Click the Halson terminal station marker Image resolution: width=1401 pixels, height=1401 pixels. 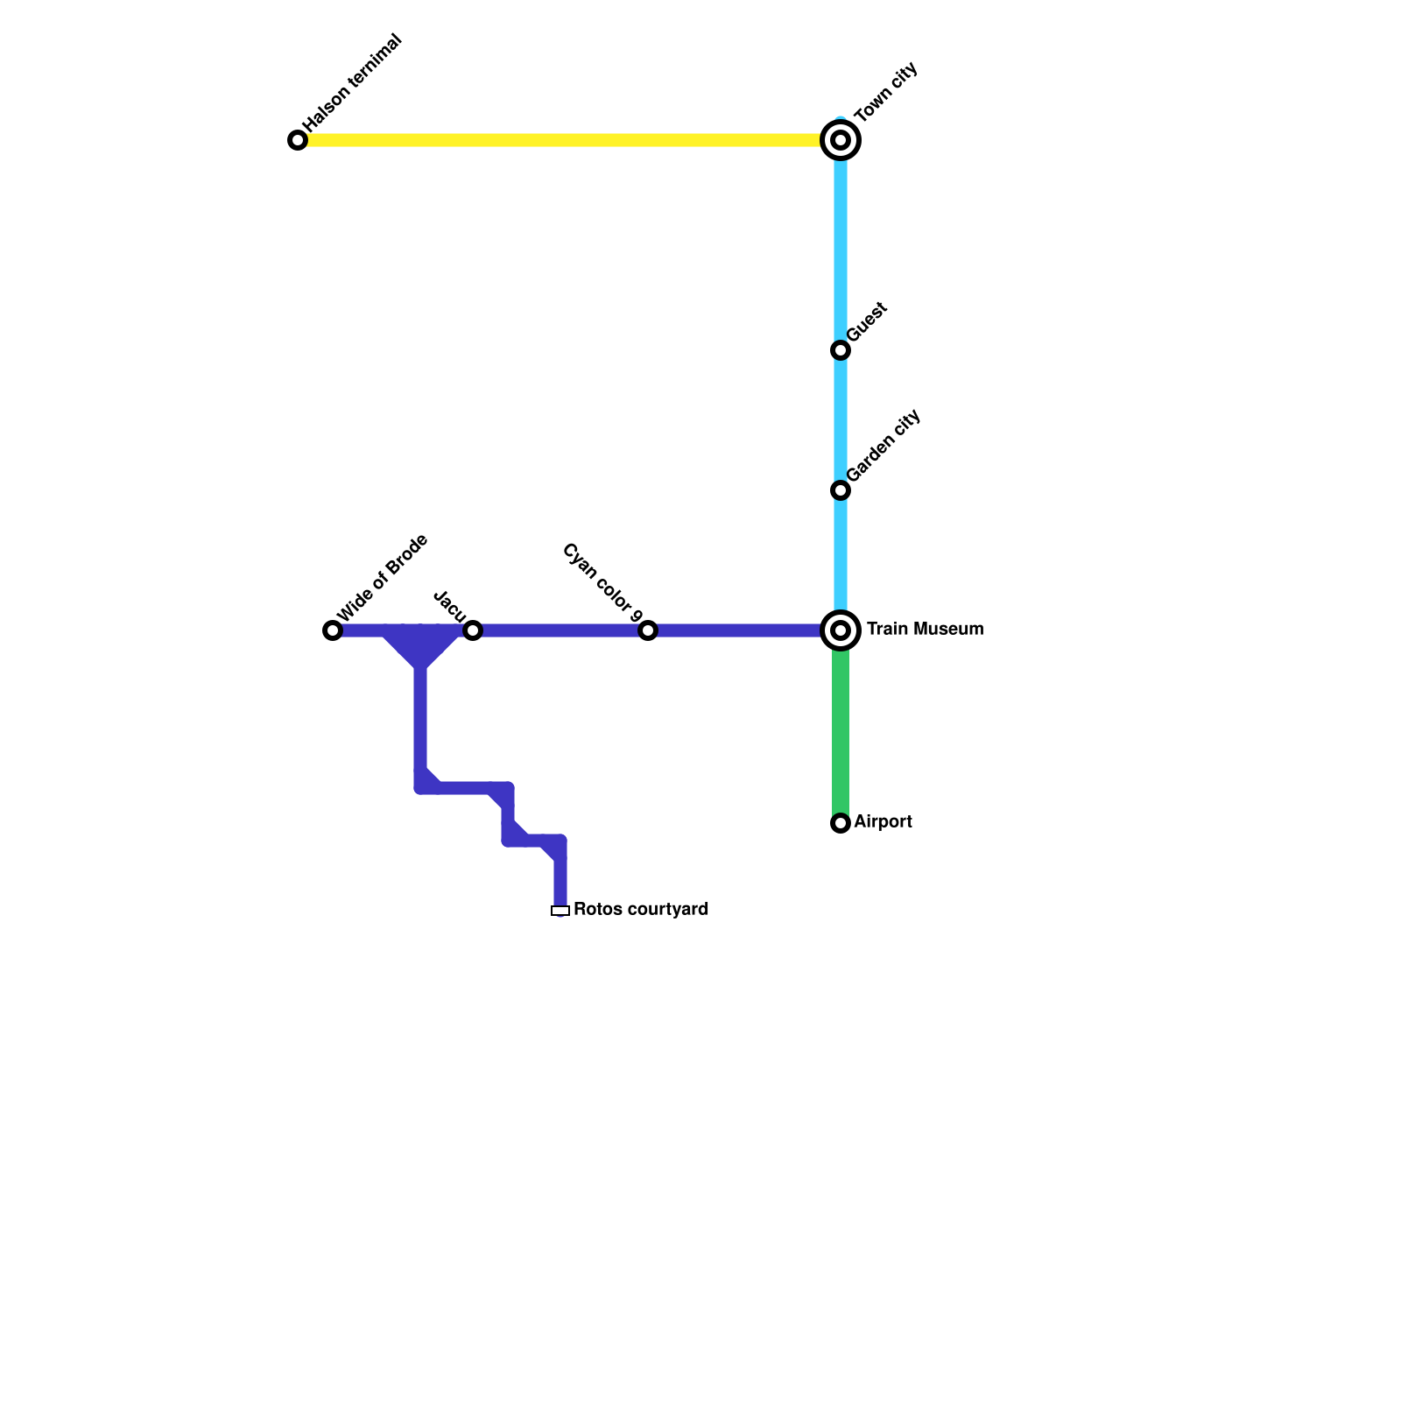point(298,140)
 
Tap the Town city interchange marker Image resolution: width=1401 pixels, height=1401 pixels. point(841,140)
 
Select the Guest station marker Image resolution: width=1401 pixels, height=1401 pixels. point(841,350)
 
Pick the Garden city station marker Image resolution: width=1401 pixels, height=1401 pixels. point(841,490)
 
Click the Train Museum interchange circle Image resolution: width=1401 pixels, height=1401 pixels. point(841,630)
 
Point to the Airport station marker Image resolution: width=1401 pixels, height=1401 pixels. point(841,823)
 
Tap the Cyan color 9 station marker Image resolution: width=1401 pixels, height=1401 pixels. point(648,630)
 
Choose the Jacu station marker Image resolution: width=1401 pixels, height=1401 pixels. point(473,630)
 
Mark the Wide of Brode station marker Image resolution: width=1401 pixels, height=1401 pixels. point(333,630)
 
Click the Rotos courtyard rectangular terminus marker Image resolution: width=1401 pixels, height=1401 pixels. point(560,911)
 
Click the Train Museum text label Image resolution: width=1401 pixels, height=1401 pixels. point(925,630)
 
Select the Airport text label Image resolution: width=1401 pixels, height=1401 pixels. point(883,822)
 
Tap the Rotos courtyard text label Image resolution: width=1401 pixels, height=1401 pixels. point(641,910)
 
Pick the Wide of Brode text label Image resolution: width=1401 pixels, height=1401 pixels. point(383,577)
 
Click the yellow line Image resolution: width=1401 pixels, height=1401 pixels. point(560,140)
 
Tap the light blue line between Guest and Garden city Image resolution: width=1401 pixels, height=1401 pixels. point(841,420)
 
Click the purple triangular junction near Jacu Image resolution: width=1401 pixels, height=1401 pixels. point(421,646)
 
